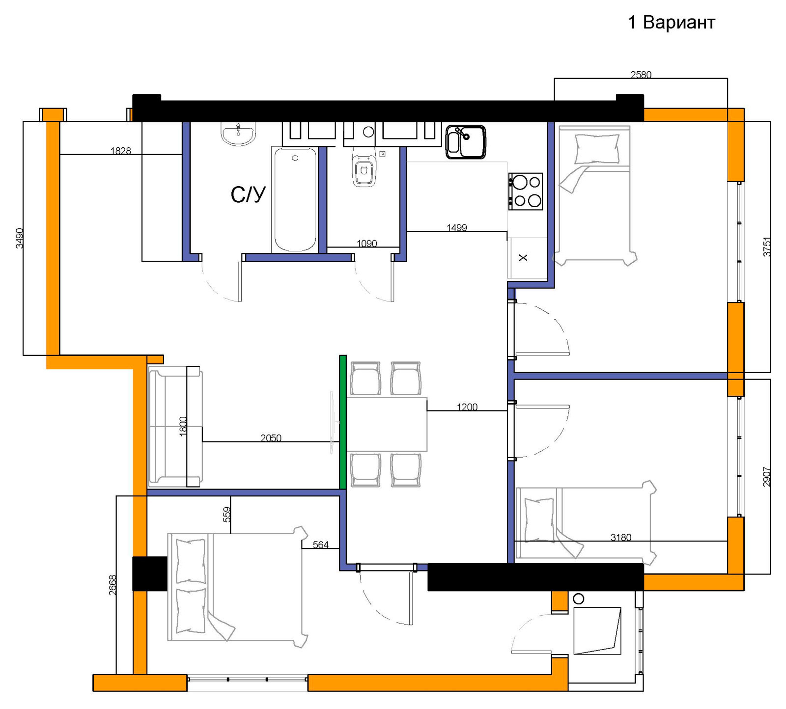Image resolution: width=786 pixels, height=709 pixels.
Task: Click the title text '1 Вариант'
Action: [x=672, y=23]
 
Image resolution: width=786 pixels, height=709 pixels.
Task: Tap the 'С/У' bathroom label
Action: [x=248, y=195]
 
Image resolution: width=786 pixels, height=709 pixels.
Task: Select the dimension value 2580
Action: [x=641, y=75]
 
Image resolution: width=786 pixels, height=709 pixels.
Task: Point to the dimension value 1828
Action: [x=121, y=151]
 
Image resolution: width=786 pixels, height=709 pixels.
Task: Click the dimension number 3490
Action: [x=20, y=238]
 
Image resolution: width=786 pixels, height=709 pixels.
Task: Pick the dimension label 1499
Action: [x=457, y=227]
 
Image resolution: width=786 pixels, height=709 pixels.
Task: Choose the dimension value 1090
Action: [x=367, y=243]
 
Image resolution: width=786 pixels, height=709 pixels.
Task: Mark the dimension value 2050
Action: [x=271, y=437]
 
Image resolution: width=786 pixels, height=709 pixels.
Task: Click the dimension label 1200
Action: [x=467, y=407]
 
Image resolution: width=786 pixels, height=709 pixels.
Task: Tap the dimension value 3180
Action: [x=621, y=537]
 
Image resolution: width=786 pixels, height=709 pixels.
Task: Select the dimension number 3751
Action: [x=767, y=247]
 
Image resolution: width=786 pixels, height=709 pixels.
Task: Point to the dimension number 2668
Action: [x=112, y=585]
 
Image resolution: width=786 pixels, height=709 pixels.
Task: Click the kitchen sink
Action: [x=466, y=142]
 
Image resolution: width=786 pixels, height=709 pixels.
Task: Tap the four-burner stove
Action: [x=525, y=191]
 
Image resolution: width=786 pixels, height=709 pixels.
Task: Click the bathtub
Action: [x=295, y=200]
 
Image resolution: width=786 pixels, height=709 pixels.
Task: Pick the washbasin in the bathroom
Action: [x=238, y=134]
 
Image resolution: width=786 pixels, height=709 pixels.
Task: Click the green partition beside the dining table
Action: [x=343, y=422]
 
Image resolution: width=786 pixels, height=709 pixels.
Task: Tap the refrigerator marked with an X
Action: [x=527, y=258]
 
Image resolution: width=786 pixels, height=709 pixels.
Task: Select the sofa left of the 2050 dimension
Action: [x=175, y=427]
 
